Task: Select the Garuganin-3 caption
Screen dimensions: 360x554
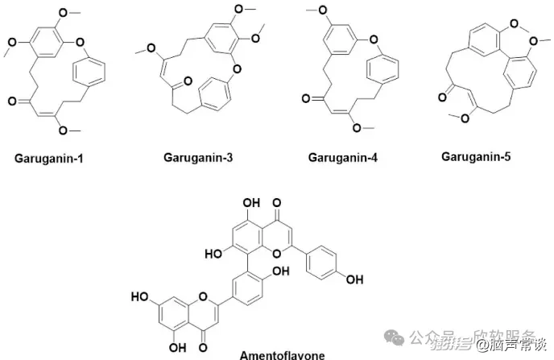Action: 194,158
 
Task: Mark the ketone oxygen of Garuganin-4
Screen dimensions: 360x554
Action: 307,99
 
